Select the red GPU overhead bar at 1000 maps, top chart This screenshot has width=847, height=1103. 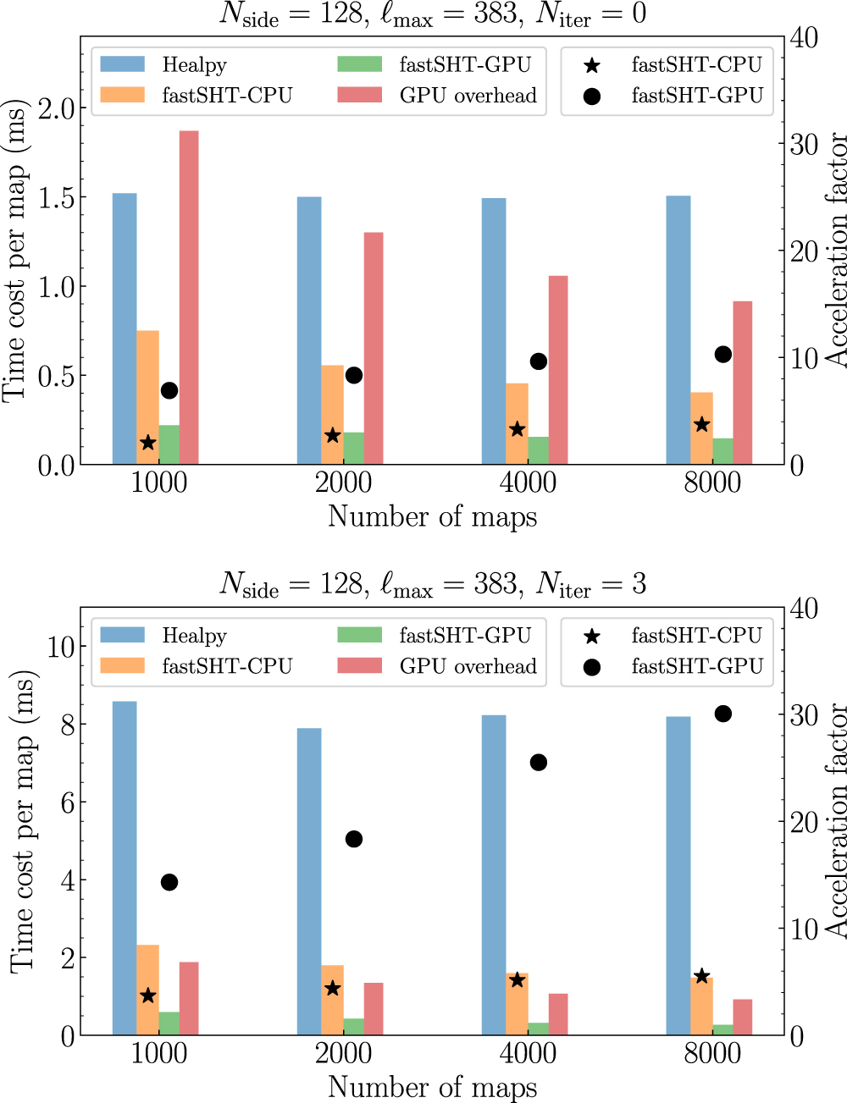(x=189, y=297)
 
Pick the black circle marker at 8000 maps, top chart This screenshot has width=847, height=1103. (x=722, y=354)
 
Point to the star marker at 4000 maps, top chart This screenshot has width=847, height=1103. (x=518, y=429)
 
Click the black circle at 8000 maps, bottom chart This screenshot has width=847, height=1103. (x=722, y=714)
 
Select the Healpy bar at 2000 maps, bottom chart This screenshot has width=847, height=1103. (x=309, y=880)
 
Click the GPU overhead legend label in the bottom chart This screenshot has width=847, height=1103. (x=468, y=666)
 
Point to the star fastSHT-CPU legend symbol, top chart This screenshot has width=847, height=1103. (x=592, y=65)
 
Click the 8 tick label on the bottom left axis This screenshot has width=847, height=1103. (x=68, y=724)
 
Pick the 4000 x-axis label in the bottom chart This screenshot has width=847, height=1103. (x=528, y=1053)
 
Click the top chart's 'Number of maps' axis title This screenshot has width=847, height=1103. (x=432, y=516)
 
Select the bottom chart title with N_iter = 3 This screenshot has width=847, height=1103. (x=432, y=583)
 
